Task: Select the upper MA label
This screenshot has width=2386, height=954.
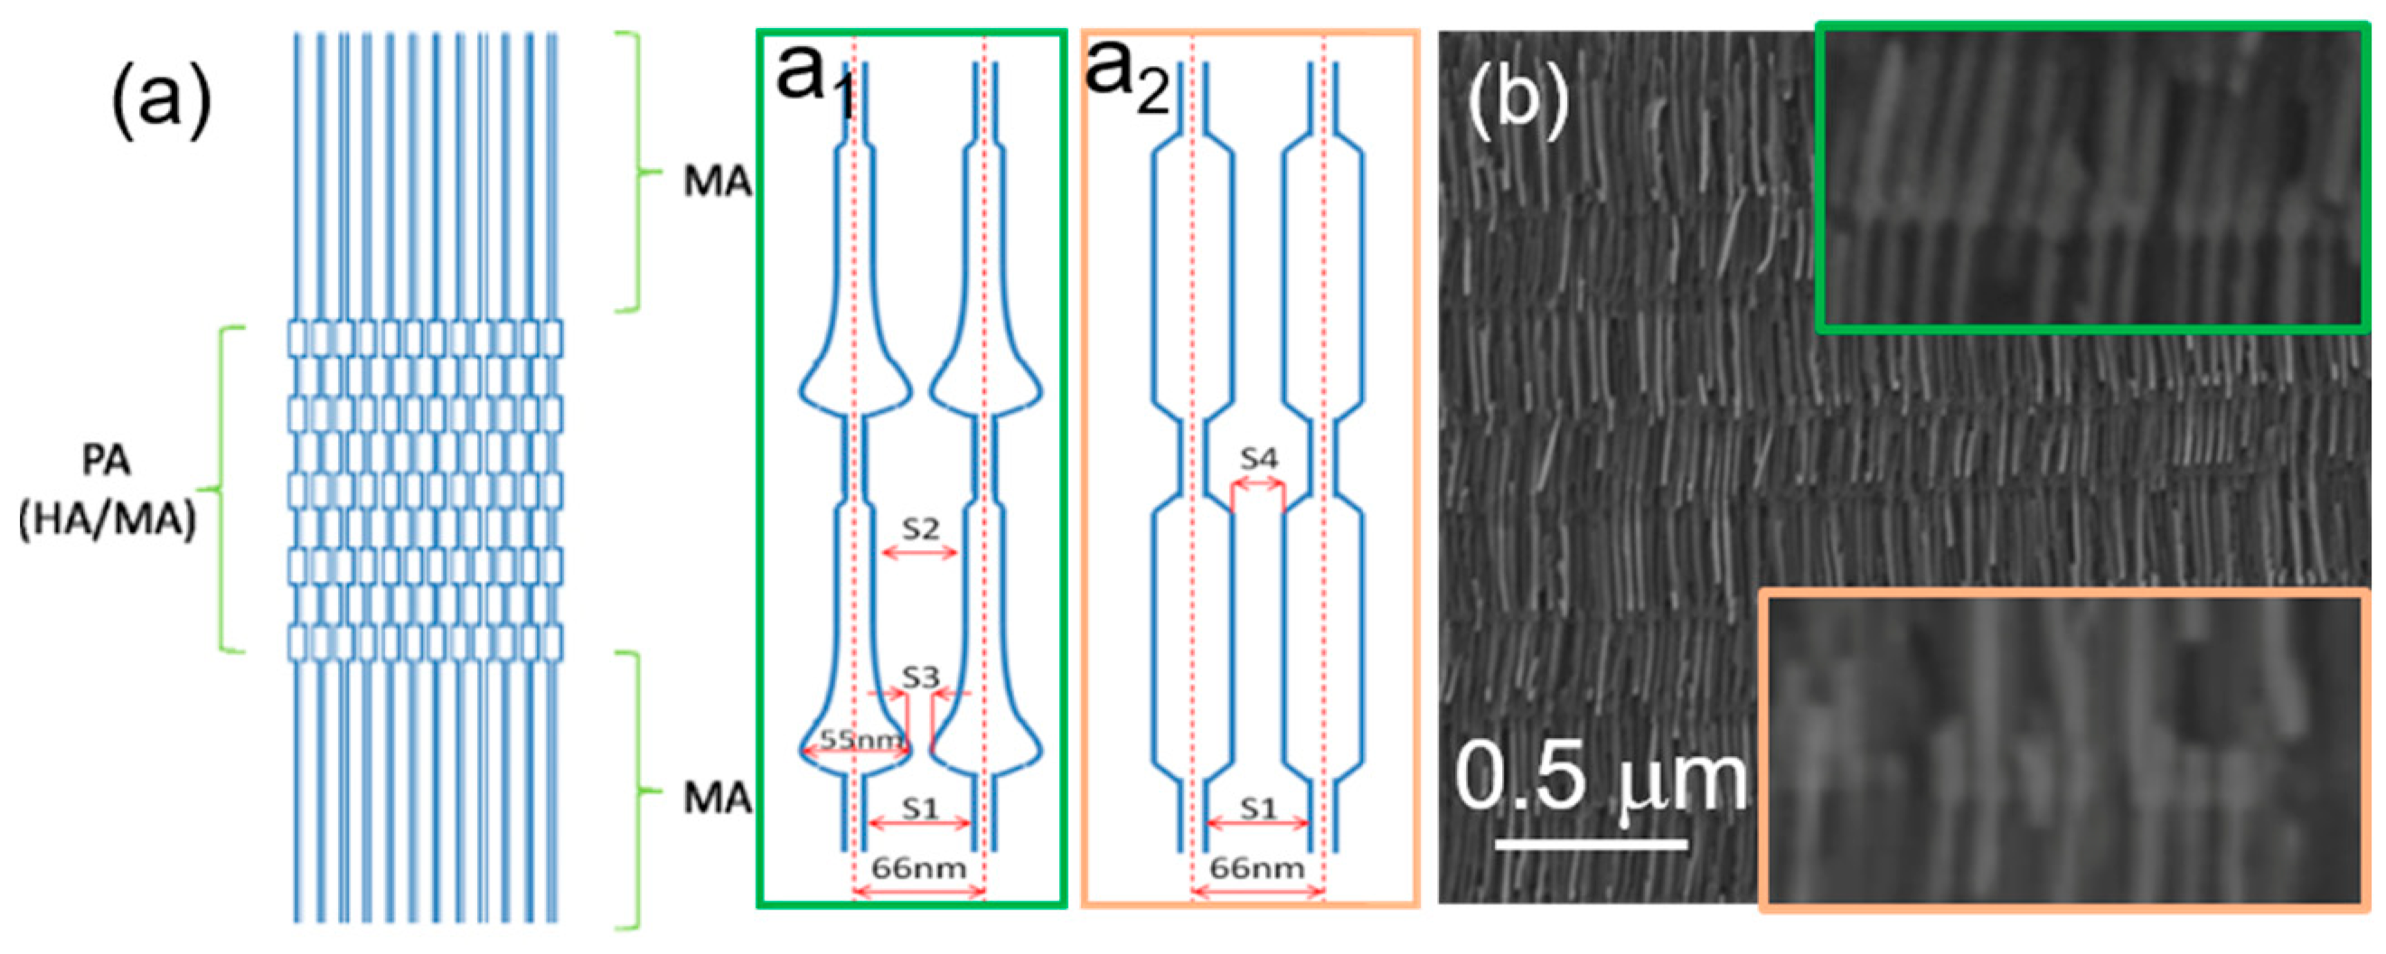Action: click(717, 182)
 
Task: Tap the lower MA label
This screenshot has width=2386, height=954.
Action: click(717, 798)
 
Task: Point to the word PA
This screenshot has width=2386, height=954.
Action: click(106, 461)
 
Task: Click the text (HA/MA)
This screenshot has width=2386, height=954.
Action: click(108, 521)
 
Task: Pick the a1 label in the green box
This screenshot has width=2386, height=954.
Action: click(815, 79)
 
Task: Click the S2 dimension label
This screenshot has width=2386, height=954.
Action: click(920, 528)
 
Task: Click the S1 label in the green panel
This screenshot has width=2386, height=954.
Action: click(920, 809)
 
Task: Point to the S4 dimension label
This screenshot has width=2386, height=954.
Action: click(1259, 458)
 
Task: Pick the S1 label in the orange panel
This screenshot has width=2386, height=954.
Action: click(1258, 809)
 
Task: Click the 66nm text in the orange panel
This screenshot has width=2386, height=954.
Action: click(1257, 868)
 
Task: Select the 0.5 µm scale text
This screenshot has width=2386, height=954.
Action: click(1601, 778)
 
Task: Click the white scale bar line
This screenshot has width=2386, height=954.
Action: click(1592, 844)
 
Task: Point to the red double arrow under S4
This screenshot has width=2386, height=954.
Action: click(1258, 482)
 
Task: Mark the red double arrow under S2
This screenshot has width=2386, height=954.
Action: click(919, 553)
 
